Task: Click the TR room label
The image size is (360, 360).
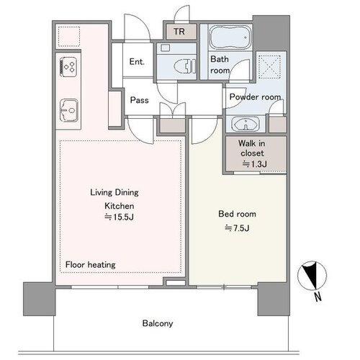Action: [x=179, y=32]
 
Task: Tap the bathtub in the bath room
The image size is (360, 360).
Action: [x=230, y=37]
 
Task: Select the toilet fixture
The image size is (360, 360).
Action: [x=185, y=66]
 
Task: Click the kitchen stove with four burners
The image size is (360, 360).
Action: [x=68, y=67]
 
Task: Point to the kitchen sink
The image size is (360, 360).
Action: [x=69, y=111]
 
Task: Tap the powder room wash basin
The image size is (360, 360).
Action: [x=246, y=125]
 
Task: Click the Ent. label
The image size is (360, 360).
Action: [x=137, y=62]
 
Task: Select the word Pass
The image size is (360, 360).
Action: [x=139, y=100]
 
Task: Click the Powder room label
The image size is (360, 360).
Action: [x=255, y=96]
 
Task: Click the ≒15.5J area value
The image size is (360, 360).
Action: [x=120, y=217]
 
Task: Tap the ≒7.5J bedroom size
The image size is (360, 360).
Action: [x=237, y=228]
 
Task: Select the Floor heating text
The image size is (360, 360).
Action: [x=91, y=265]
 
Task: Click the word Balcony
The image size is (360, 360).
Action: [x=158, y=323]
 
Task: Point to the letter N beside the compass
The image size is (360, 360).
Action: [x=318, y=297]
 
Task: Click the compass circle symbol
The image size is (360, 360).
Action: [x=312, y=275]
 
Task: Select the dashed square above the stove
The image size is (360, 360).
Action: [x=69, y=37]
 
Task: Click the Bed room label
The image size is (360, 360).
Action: [x=237, y=214]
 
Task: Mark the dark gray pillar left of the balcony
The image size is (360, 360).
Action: [x=40, y=299]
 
